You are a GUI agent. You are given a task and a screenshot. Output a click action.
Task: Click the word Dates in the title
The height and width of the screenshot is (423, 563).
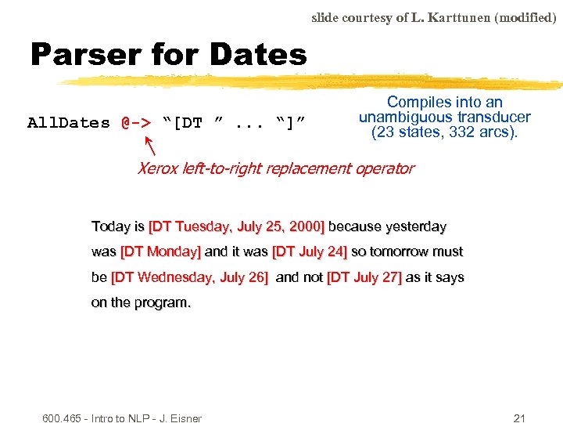(258, 55)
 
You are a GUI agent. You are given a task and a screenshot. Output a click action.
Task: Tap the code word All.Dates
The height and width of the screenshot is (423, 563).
(69, 123)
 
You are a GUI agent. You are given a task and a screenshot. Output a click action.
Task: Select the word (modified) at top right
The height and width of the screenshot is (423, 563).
(528, 17)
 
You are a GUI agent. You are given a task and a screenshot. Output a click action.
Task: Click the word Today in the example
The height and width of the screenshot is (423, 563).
(109, 226)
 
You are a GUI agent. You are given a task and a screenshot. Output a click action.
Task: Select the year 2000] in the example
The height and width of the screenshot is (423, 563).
(304, 226)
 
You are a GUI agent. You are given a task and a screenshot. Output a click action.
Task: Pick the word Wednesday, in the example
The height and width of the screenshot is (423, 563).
(182, 277)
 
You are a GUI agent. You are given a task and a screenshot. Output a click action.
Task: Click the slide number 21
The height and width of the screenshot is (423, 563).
(519, 418)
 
